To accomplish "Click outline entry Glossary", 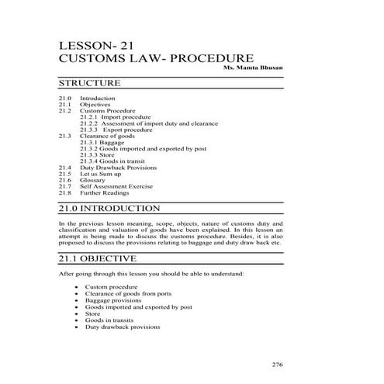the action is (94, 179).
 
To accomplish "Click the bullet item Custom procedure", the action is (112, 287).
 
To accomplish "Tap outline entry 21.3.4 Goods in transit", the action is (112, 161).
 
